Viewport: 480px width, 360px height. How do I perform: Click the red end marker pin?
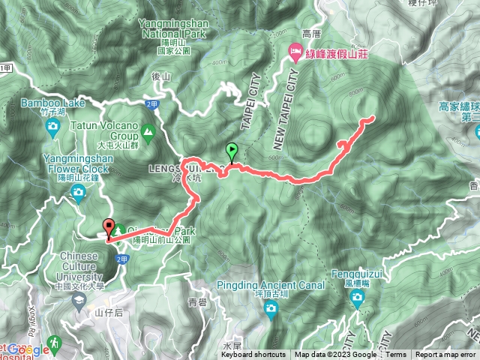pos(109,228)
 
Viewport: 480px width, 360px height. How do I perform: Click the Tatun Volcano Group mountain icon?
pos(148,133)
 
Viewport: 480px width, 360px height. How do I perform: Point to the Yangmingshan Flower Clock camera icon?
pos(78,194)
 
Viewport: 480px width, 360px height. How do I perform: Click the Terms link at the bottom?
pos(396,355)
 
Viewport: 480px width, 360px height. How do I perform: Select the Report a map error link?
pos(445,355)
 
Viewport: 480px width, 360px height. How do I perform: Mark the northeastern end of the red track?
pos(373,118)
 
